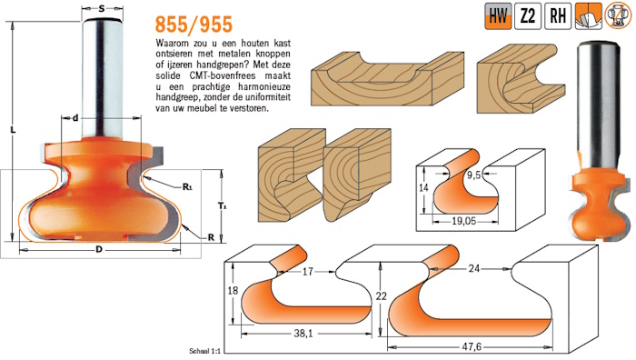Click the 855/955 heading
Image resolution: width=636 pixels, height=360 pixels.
(x=194, y=25)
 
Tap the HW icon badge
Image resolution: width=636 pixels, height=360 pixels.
(x=498, y=16)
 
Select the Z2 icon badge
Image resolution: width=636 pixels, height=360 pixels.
(x=528, y=16)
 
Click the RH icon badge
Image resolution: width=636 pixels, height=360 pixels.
(x=558, y=16)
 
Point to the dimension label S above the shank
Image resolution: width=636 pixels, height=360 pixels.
(x=102, y=8)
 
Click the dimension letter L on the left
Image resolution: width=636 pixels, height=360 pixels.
(x=13, y=130)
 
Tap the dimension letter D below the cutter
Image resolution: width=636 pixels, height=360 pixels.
(x=98, y=250)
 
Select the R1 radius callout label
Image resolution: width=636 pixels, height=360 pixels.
(x=187, y=187)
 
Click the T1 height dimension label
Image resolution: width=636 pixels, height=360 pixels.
(x=223, y=206)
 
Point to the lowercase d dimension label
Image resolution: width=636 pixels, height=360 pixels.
(x=75, y=118)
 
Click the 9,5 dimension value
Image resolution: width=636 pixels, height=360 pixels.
(x=473, y=175)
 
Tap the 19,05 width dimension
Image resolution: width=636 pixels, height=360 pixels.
(x=464, y=221)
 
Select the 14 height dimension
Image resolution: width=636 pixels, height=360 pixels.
(x=423, y=187)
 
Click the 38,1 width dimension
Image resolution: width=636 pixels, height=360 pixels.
(x=303, y=334)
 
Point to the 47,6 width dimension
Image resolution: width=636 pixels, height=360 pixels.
(x=472, y=347)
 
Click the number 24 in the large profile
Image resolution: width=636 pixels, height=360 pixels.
(x=473, y=268)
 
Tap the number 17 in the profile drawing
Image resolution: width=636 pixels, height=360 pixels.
(x=308, y=271)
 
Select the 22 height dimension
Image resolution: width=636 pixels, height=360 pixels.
(x=381, y=295)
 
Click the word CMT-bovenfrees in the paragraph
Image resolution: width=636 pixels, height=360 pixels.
(x=223, y=75)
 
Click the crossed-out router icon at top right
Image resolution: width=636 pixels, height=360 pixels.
(x=618, y=16)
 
